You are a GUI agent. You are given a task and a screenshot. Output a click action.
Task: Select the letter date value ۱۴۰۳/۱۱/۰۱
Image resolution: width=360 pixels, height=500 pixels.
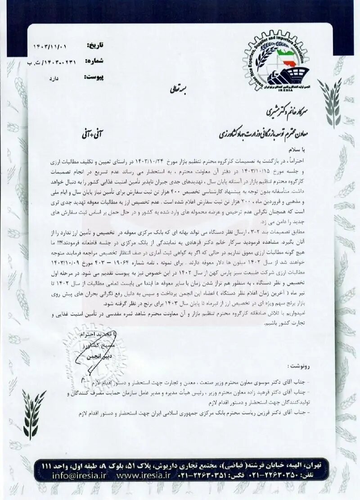[x=53, y=46]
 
